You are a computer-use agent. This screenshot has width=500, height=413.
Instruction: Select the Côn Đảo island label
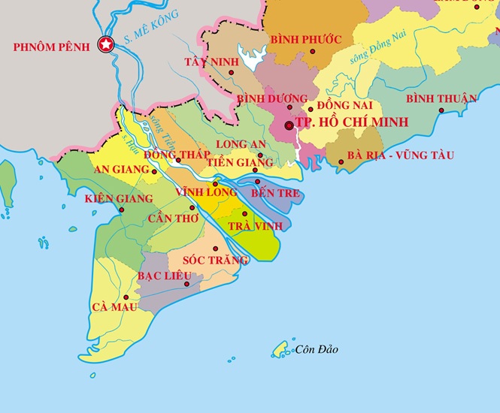point(317,350)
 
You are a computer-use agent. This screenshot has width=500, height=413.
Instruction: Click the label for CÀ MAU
point(114,307)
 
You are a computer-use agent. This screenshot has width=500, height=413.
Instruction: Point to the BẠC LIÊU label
point(163,276)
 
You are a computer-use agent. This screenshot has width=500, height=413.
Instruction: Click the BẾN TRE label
point(275,194)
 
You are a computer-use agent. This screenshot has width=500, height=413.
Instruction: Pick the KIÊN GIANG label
point(119,199)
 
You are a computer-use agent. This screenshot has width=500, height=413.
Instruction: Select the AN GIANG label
point(121,170)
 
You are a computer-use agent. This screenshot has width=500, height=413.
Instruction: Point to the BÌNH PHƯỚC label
point(306,39)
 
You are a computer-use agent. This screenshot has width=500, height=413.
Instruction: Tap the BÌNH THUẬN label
point(441,99)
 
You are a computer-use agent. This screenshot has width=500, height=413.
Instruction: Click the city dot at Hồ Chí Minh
point(289,125)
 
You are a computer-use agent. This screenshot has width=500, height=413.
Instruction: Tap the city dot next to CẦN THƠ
point(192,208)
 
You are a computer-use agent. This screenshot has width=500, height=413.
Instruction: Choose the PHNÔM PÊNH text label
point(51,47)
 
